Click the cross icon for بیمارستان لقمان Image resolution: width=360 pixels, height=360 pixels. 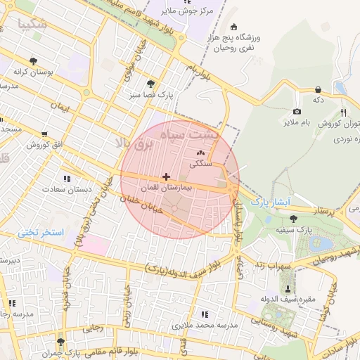tap(165, 177)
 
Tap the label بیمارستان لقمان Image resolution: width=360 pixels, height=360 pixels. tap(165, 188)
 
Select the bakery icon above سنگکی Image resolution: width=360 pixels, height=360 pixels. tap(200, 153)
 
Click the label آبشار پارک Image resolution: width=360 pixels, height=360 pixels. tap(270, 202)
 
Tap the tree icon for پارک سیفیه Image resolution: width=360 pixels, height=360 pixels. tap(292, 219)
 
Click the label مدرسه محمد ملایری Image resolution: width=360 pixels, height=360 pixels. tap(205, 325)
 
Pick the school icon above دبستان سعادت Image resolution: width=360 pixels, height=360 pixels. tap(67, 179)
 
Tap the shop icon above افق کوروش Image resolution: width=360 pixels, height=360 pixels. tap(45, 134)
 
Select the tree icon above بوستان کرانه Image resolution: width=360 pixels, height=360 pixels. tap(34, 61)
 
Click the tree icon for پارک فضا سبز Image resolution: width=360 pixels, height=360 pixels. tap(150, 83)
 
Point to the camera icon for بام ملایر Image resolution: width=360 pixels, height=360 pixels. tap(297, 112)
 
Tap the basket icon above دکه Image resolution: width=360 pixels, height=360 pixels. tap(319, 89)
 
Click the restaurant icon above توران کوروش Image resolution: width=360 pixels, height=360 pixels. tap(343, 112)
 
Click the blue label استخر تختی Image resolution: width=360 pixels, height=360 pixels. tap(41, 231)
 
